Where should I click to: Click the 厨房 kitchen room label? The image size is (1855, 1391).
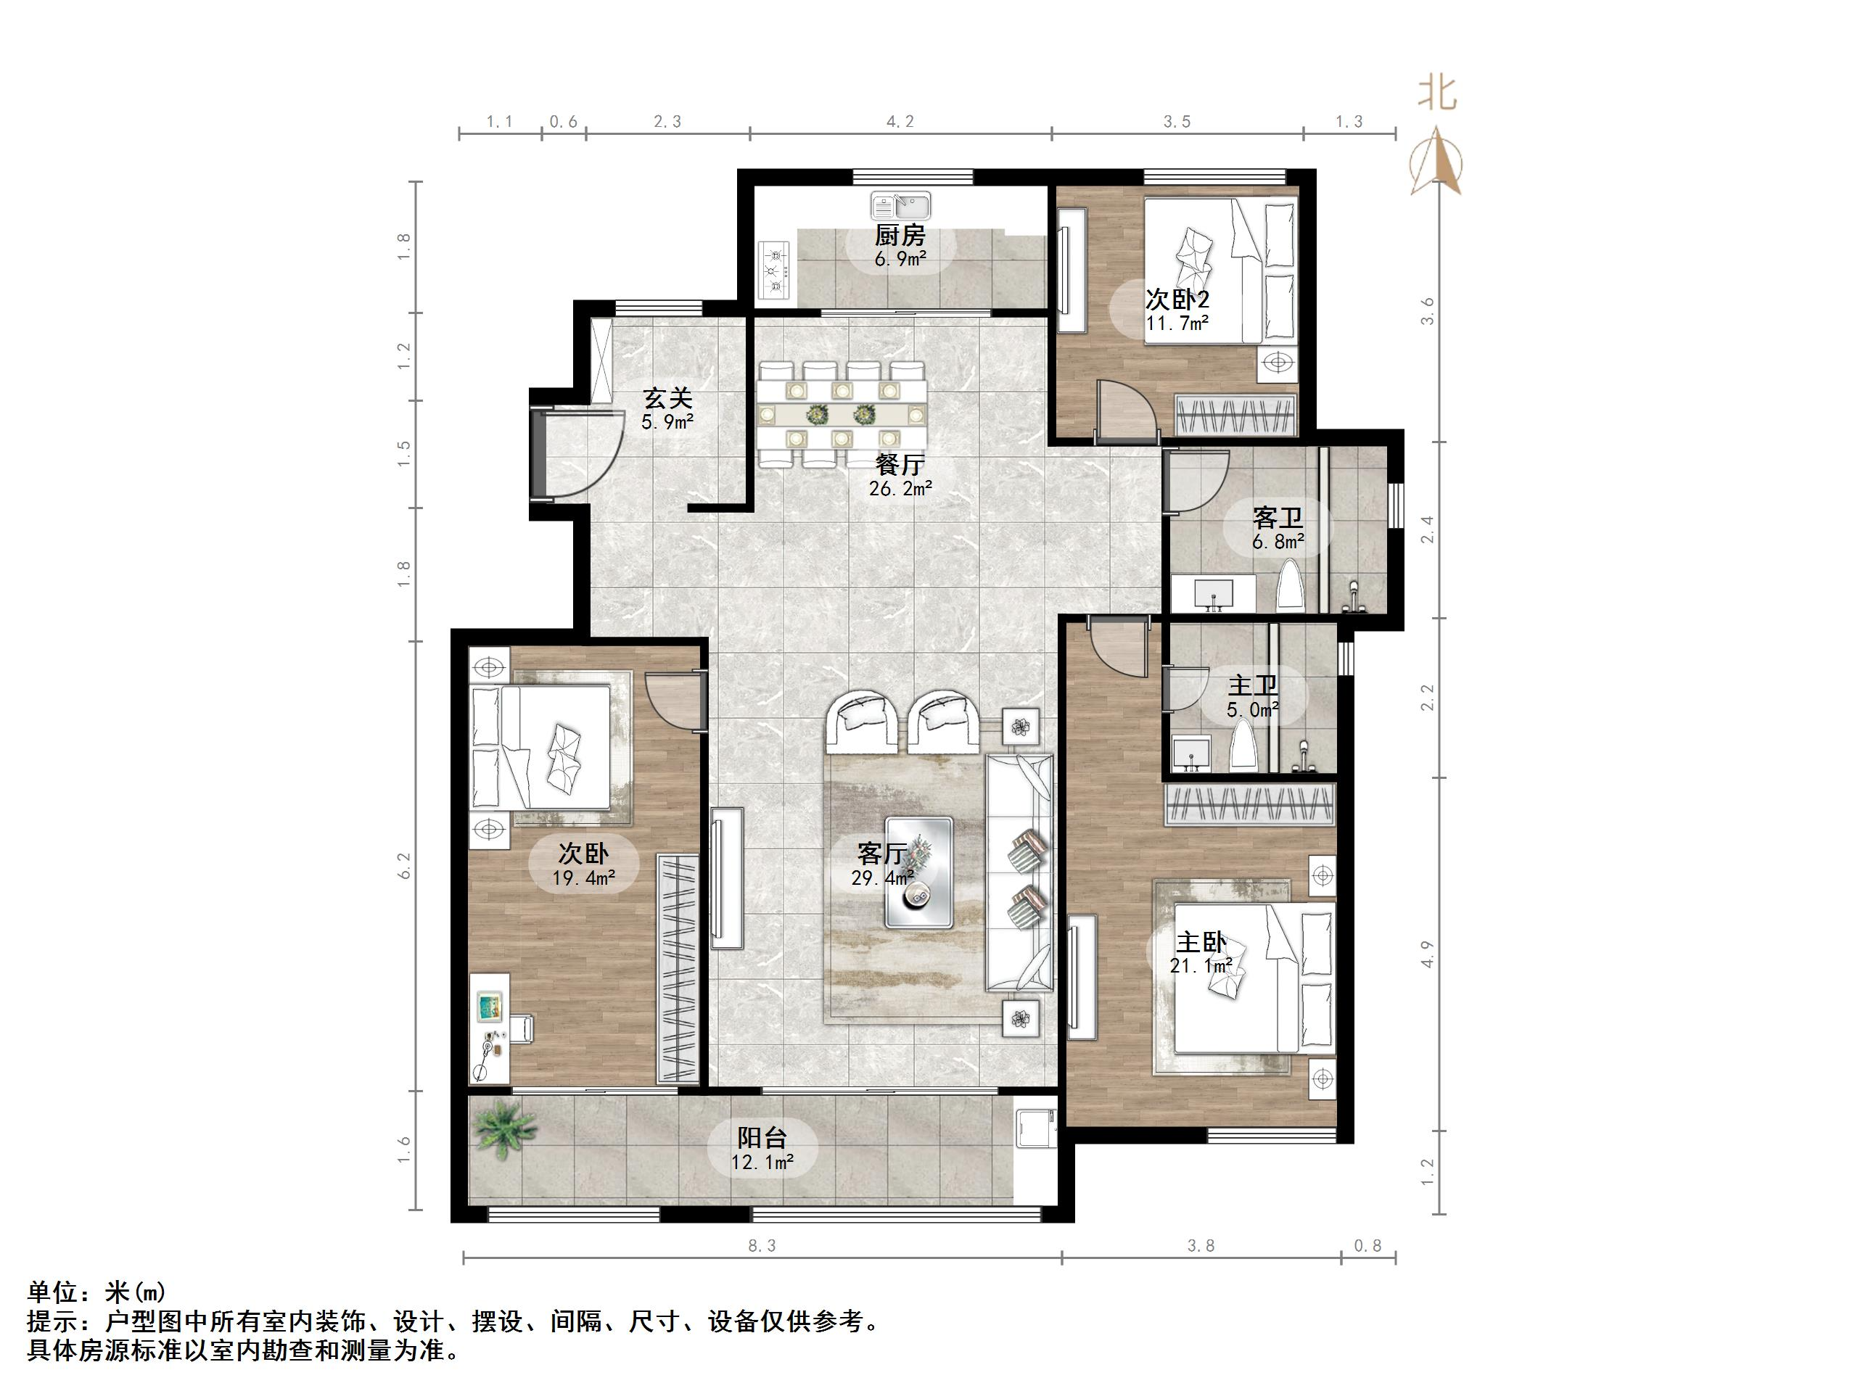pyautogui.click(x=899, y=235)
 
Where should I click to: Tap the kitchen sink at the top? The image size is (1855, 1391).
pyautogui.click(x=901, y=205)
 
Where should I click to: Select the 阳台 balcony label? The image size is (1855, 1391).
pyautogui.click(x=762, y=1138)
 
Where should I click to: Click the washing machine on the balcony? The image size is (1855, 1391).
pyautogui.click(x=1035, y=1128)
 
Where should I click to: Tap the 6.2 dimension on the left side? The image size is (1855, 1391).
pyautogui.click(x=405, y=865)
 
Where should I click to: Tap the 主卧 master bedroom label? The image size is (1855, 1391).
pyautogui.click(x=1200, y=941)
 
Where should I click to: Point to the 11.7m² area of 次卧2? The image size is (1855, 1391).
pyautogui.click(x=1177, y=323)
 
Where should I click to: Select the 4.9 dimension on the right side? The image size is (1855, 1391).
pyautogui.click(x=1427, y=954)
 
